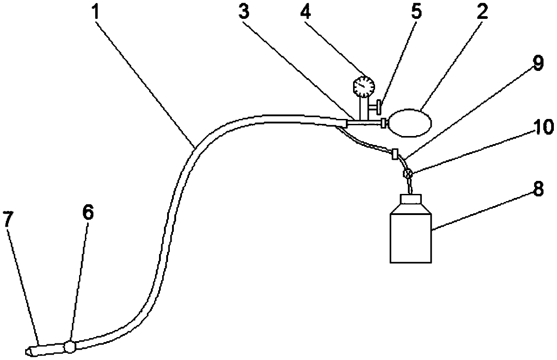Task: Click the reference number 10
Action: tap(533, 127)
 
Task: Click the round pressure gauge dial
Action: tap(363, 85)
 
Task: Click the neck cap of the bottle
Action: tap(410, 201)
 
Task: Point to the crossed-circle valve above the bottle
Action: tap(407, 173)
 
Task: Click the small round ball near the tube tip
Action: tap(70, 347)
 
